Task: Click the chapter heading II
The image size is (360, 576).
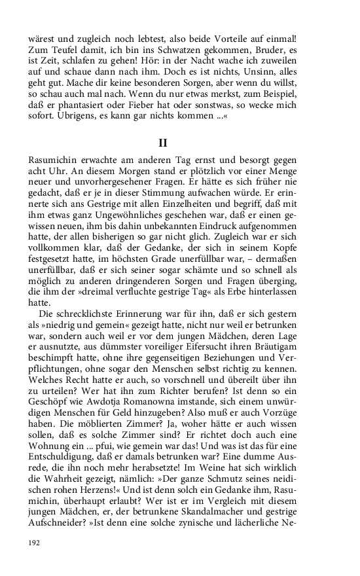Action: [x=163, y=142]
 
